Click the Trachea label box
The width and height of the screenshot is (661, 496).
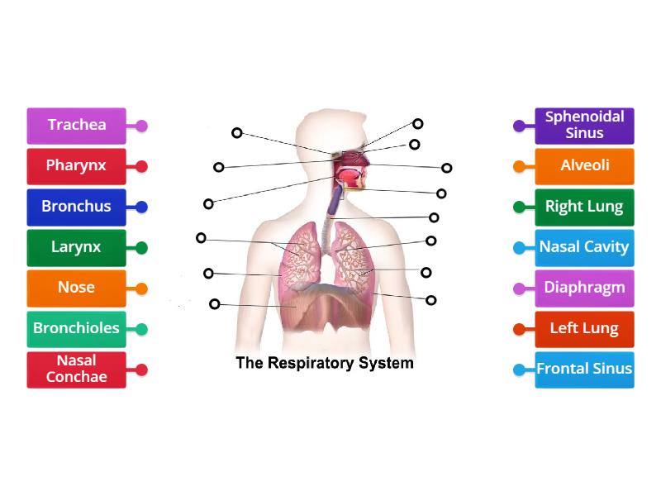tap(77, 126)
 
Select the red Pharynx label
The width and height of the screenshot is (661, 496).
tap(77, 166)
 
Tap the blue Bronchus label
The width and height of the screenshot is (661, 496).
tap(77, 207)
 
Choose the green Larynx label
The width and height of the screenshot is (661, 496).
tap(77, 247)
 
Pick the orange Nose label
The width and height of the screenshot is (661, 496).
tap(77, 288)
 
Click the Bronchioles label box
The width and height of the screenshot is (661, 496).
tap(77, 328)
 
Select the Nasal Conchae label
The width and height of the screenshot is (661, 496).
tap(77, 369)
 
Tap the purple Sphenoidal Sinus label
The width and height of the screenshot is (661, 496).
tap(584, 126)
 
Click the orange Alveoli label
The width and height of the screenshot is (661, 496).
tap(584, 166)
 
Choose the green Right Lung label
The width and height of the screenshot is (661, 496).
tap(584, 207)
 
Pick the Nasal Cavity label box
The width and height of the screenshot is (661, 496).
tap(584, 247)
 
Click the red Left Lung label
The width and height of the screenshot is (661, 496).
tap(584, 329)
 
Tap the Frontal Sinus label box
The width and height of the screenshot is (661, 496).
tap(584, 370)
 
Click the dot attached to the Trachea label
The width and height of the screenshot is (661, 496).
tap(142, 126)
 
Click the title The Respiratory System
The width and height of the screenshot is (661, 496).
tap(325, 363)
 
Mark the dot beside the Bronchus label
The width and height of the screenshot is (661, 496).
tap(142, 207)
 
